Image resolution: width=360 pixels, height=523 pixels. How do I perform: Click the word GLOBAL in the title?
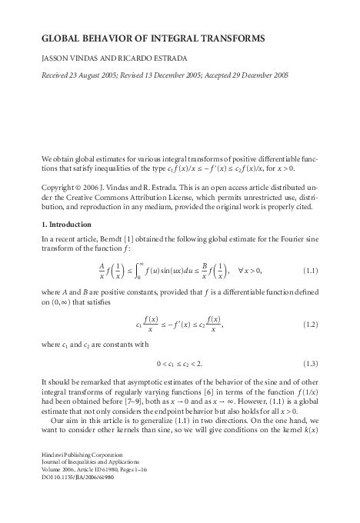point(62,37)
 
